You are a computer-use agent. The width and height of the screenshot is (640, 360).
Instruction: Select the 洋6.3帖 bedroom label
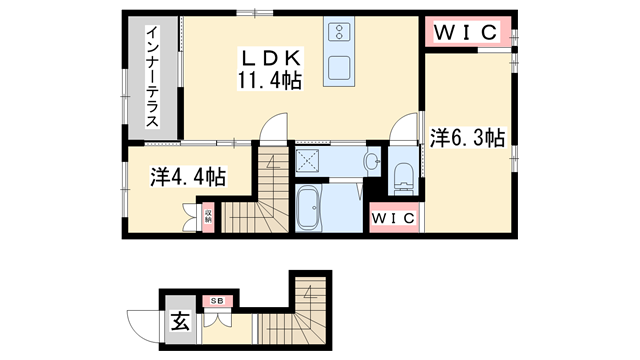click(x=467, y=139)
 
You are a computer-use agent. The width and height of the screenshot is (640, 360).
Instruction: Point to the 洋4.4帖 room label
click(x=188, y=177)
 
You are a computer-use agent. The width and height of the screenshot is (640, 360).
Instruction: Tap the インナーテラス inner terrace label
click(x=153, y=78)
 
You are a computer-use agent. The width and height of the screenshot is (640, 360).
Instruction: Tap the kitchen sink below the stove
click(x=338, y=67)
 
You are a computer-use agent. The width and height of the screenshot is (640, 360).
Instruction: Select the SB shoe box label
click(x=216, y=301)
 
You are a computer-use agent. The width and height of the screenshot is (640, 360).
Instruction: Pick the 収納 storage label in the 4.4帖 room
click(x=208, y=214)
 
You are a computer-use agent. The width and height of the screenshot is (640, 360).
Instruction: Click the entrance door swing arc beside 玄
click(x=148, y=322)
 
